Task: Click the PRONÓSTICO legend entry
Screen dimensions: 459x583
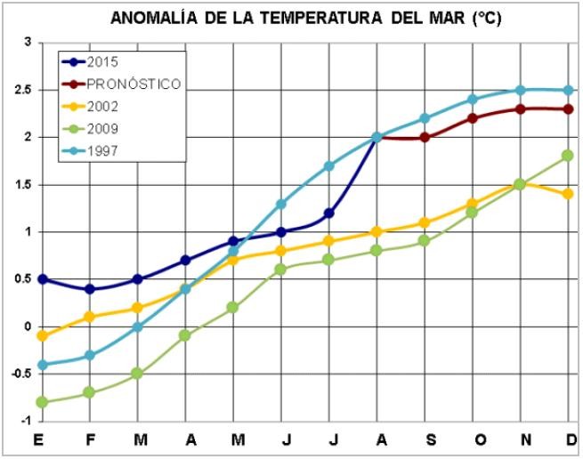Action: click(x=134, y=84)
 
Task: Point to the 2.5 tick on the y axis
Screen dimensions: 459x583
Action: click(x=20, y=91)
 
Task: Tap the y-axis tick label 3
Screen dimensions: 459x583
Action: click(x=28, y=43)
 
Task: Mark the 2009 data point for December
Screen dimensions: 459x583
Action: click(x=568, y=156)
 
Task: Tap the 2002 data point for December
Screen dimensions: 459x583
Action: click(x=568, y=193)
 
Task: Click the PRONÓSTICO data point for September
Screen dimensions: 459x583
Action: click(x=424, y=137)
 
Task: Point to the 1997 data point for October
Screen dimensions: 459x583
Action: click(x=472, y=100)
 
